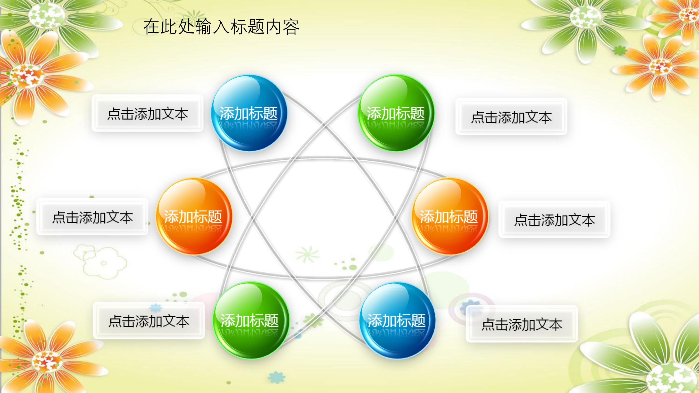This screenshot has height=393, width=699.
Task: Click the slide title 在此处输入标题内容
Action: pos(221,27)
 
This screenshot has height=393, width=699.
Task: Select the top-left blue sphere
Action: pos(249,113)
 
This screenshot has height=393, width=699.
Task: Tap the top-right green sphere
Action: pos(396,113)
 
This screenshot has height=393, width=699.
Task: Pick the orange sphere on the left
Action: pos(193,216)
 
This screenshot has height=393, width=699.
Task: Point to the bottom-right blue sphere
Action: pos(397,320)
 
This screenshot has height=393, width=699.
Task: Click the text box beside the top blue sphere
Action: pos(147,113)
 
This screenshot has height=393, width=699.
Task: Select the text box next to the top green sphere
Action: pos(511,117)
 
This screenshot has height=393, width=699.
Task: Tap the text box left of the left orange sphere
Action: pos(92,217)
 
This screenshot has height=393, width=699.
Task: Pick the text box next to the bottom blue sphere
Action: pos(522,324)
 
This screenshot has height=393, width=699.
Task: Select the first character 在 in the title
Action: pos(151,27)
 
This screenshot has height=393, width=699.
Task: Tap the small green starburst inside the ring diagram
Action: pos(308,254)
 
